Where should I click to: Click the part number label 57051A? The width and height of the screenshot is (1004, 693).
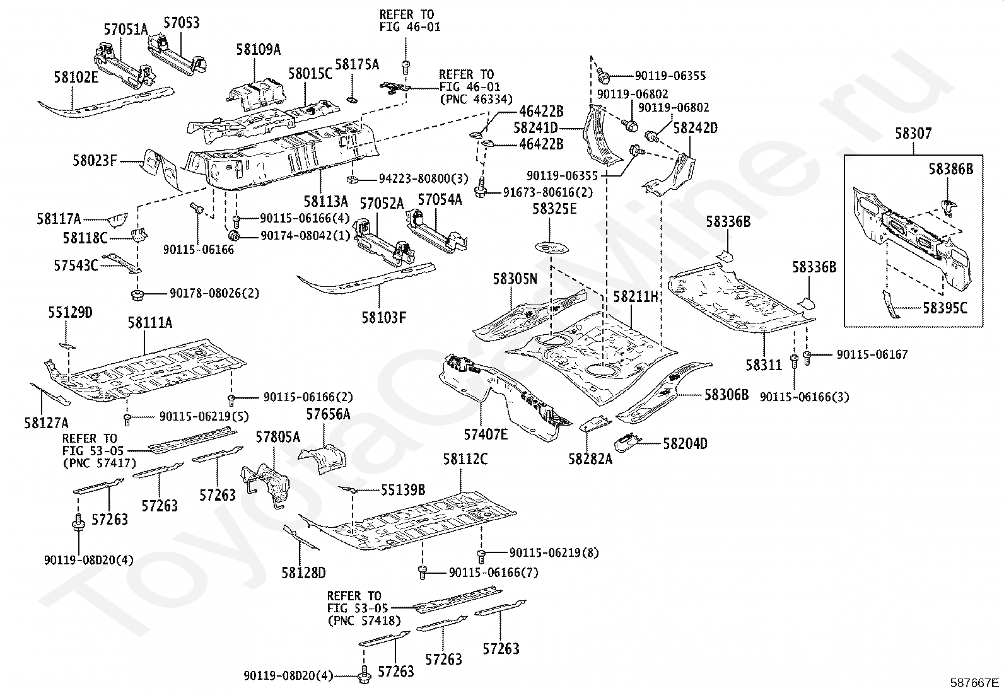(x=125, y=28)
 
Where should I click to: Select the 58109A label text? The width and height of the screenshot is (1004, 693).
(x=259, y=50)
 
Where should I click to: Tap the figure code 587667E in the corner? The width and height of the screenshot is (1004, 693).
(x=975, y=682)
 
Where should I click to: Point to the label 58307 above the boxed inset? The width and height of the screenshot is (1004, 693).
(x=913, y=134)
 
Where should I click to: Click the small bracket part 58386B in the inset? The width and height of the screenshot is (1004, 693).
(x=948, y=206)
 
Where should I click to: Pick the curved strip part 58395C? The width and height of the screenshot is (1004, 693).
(x=890, y=306)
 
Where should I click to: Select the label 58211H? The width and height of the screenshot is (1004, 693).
(x=636, y=295)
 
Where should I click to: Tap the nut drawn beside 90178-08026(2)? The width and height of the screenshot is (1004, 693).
(x=137, y=294)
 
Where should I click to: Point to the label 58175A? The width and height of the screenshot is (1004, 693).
(x=357, y=64)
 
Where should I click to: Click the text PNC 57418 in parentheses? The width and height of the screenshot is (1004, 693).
(x=364, y=620)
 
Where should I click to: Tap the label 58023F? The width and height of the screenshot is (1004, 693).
(x=95, y=161)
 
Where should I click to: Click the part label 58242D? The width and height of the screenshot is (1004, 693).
(x=695, y=128)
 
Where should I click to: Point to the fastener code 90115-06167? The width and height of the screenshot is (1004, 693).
(x=872, y=354)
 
